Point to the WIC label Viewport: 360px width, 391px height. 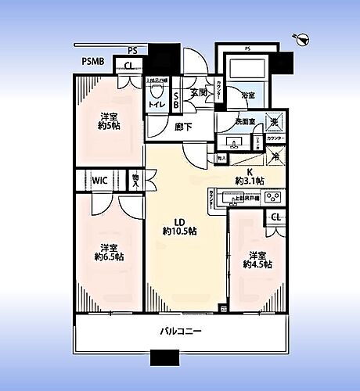(99, 180)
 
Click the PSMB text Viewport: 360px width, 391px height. (93, 62)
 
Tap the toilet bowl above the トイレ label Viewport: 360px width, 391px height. (155, 91)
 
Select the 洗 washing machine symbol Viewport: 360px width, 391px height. (273, 121)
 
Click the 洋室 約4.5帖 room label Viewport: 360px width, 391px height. (256, 259)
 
